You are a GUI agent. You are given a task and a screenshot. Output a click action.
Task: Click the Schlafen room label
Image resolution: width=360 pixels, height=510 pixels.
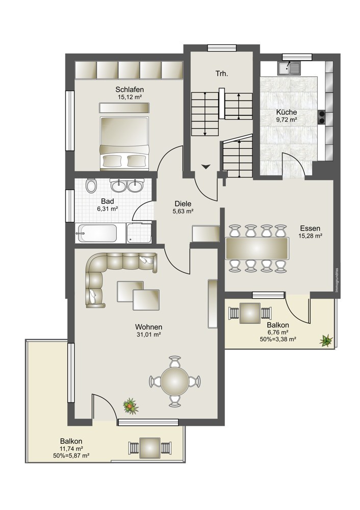tap(130, 89)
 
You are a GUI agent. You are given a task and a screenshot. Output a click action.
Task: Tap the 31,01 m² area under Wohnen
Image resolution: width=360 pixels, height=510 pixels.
tap(148, 334)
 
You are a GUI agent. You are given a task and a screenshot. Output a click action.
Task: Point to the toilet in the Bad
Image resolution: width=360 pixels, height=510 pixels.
tap(91, 186)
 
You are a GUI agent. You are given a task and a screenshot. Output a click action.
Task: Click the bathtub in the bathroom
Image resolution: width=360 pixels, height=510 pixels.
tap(96, 233)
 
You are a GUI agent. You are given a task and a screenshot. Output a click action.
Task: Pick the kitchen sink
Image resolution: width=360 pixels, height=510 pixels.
tap(289, 68)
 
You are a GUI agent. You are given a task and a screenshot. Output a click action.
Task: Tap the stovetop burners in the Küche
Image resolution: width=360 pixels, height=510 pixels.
tap(321, 117)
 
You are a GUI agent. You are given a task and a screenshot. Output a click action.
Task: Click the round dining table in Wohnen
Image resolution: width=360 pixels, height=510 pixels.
tap(175, 381)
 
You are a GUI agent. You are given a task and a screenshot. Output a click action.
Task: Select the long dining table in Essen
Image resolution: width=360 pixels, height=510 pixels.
tap(257, 248)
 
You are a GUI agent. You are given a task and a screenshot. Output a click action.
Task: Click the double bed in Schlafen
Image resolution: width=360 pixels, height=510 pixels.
tap(124, 143)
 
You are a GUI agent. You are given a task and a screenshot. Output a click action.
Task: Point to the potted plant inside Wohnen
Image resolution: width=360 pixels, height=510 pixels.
tap(131, 406)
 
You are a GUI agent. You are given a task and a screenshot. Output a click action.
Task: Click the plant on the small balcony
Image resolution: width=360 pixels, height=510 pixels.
tap(326, 340)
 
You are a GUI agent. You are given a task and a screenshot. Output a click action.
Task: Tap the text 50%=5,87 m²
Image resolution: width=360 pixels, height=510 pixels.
tap(71, 455)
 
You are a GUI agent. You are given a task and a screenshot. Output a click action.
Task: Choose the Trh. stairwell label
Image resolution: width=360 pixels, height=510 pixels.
tap(222, 73)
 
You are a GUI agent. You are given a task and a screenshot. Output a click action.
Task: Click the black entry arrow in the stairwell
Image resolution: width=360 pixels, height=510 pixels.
tap(206, 167)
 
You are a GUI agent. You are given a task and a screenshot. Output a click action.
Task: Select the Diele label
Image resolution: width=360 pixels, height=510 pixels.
tap(183, 203)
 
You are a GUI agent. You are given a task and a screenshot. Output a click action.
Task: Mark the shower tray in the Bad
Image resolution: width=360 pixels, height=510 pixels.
tap(139, 233)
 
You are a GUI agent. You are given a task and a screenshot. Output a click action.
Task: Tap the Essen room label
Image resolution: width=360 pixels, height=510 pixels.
tap(310, 228)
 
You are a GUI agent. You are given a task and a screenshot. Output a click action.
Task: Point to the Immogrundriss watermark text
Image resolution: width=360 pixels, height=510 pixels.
tap(338, 280)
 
